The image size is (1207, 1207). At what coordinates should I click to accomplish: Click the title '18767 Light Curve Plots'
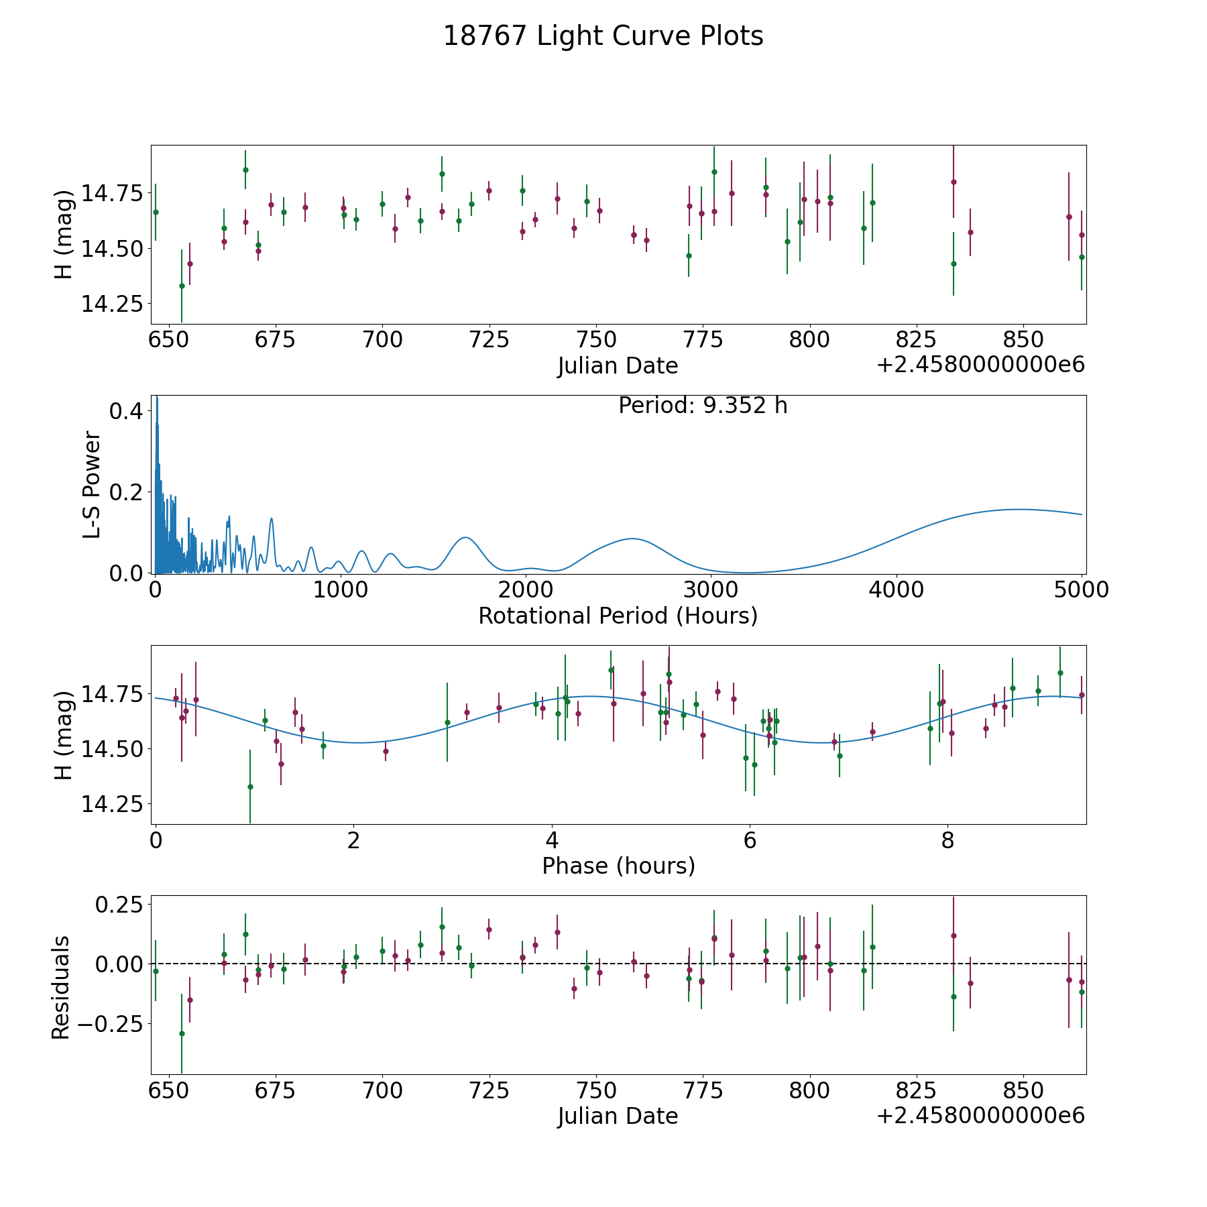(603, 36)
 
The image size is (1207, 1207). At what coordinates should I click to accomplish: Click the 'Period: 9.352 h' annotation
(703, 406)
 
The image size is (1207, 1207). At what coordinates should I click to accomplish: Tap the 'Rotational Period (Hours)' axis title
(618, 616)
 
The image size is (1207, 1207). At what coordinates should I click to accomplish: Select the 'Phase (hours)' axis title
(618, 866)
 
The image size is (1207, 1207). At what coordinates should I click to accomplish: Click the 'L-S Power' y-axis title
(93, 484)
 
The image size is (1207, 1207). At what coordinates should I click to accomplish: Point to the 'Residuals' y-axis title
(61, 987)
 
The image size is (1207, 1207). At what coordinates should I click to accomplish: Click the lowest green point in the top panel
(182, 286)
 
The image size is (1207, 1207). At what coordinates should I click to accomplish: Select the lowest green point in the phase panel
(250, 787)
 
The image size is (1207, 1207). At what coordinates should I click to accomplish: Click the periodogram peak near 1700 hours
(465, 538)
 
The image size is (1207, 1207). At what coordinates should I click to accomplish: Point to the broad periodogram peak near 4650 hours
(1018, 510)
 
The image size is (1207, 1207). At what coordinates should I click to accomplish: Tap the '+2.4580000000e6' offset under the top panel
(980, 365)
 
